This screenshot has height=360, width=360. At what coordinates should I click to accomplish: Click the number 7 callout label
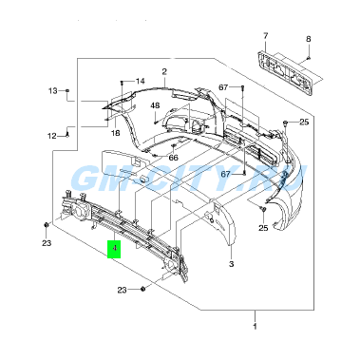point(265,36)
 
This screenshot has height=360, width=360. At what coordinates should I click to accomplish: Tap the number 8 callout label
point(309,39)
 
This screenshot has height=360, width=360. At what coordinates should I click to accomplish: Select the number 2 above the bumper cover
point(164,71)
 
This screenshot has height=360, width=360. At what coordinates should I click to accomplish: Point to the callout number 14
point(140,81)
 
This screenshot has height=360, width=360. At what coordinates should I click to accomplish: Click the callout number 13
point(53,91)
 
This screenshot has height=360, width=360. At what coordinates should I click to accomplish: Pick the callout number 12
point(52,136)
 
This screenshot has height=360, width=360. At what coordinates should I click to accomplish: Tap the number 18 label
point(116,133)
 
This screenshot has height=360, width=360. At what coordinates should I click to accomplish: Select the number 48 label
point(155,105)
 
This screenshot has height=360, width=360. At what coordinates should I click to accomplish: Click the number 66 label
point(173,158)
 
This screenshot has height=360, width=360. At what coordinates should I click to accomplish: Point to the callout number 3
point(231,264)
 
